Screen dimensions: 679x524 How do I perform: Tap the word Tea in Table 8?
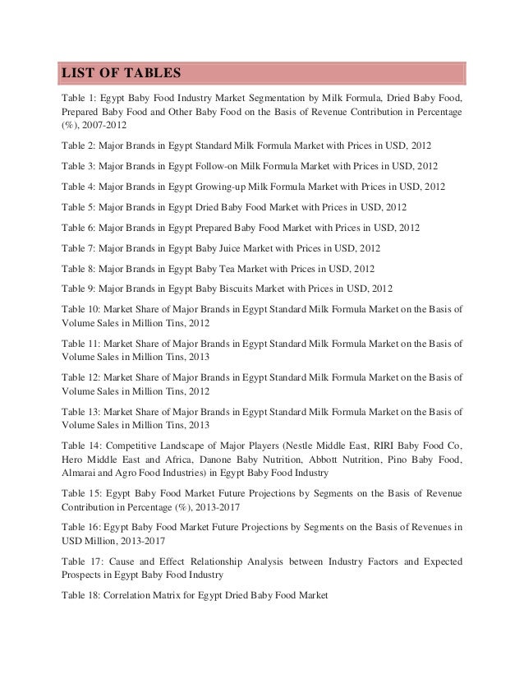[223, 268]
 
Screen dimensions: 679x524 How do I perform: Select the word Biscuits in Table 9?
[233, 289]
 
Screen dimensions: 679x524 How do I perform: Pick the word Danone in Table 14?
[209, 460]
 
